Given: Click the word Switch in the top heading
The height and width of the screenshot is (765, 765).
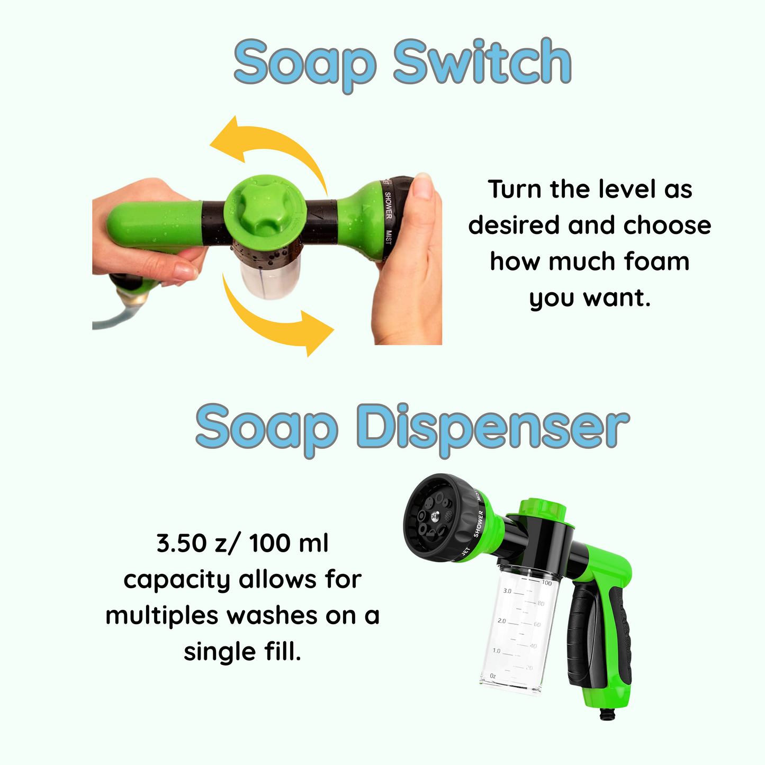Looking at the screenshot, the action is point(482,61).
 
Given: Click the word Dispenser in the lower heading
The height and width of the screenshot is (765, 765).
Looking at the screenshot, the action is point(493,426).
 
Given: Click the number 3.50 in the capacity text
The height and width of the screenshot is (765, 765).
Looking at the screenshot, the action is point(182,543).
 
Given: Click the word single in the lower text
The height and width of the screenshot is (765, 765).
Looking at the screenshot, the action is point(220,653).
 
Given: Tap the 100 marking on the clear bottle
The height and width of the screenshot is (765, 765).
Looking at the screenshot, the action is point(547,583).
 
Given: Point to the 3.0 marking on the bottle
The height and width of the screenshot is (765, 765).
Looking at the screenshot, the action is point(507,591).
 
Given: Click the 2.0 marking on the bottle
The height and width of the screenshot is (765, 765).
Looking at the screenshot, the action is point(502,621).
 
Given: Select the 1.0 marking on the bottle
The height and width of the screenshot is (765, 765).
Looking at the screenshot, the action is point(496,651).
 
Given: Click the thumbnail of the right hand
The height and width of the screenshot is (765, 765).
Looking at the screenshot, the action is point(424,186).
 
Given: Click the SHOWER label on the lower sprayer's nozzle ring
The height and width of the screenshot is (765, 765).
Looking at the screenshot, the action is point(479,524).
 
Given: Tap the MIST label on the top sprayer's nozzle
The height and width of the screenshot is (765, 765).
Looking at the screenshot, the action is point(388,237).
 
